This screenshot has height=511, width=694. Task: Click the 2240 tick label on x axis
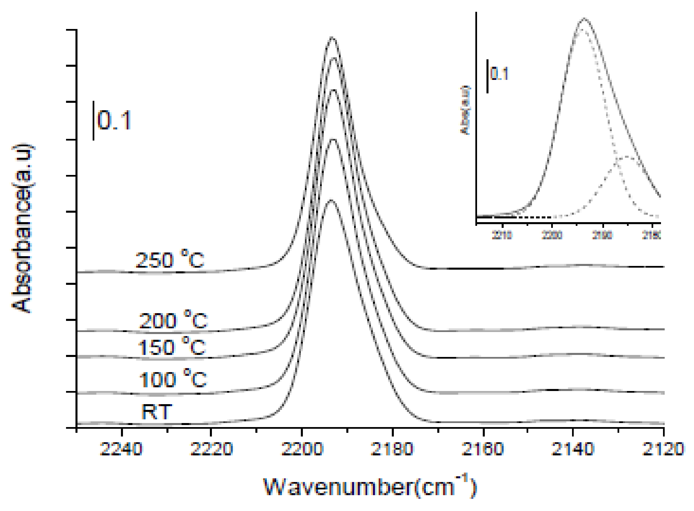[x=121, y=449]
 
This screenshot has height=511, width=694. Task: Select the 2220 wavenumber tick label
[x=211, y=449]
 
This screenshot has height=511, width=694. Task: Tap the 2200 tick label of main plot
[x=302, y=449]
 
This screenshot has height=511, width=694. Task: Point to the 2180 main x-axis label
[x=392, y=449]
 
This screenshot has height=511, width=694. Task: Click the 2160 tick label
[x=483, y=449]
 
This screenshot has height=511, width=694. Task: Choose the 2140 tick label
[x=572, y=449]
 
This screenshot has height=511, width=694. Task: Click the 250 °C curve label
[x=170, y=260]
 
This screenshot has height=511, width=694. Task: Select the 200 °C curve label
[x=173, y=320]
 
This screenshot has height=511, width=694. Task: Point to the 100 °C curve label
[x=173, y=379]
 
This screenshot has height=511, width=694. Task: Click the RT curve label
[x=157, y=412]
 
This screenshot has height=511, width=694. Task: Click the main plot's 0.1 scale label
[x=114, y=120]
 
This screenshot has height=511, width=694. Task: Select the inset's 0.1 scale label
[x=499, y=74]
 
